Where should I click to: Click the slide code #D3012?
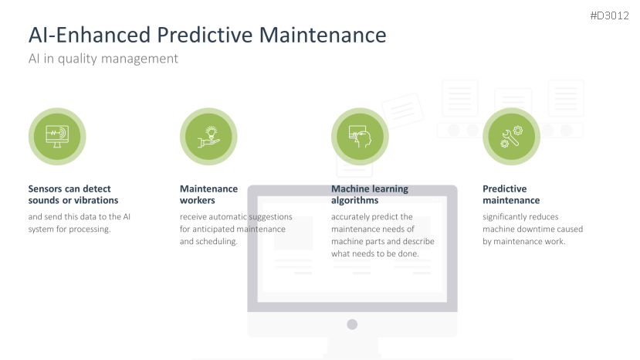(x=609, y=15)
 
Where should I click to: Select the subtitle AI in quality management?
(x=103, y=59)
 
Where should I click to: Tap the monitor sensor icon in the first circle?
(x=57, y=136)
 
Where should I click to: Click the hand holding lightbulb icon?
(x=209, y=137)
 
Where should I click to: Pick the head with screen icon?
(x=360, y=136)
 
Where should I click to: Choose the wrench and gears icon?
(x=511, y=137)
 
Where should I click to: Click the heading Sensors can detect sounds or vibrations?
(x=73, y=195)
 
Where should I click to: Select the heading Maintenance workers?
(x=208, y=195)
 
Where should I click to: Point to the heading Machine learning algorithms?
(x=370, y=195)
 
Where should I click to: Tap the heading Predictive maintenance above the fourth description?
(x=511, y=195)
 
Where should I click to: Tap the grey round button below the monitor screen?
(x=352, y=324)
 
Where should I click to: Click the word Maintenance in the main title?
(x=323, y=35)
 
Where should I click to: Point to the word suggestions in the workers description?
(x=271, y=217)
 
